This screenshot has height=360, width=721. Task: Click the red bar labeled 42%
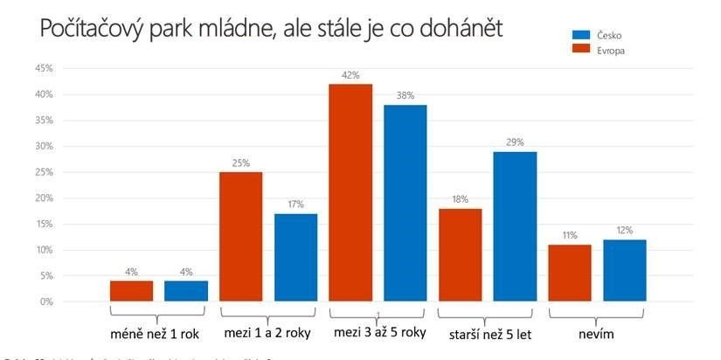click(350, 192)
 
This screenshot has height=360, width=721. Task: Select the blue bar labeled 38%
click(406, 203)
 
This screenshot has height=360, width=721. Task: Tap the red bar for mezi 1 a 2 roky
click(241, 236)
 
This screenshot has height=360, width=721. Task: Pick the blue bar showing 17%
click(296, 257)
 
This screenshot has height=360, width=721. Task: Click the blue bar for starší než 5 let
click(515, 226)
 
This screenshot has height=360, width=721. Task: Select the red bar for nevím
click(570, 273)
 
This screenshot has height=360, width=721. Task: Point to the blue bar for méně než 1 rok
click(186, 290)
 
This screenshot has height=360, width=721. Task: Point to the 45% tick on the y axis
click(44, 68)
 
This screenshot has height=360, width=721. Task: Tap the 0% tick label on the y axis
click(46, 301)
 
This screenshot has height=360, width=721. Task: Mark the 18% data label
click(460, 200)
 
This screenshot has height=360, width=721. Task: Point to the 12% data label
click(625, 231)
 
